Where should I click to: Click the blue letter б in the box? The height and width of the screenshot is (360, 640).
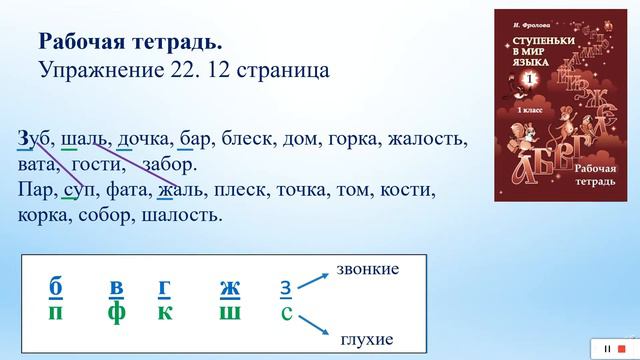point(56,288)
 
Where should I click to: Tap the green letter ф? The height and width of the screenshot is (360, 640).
point(117,314)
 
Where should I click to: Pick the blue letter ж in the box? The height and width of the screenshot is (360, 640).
point(230,288)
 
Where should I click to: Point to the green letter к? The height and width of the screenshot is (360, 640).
point(163,314)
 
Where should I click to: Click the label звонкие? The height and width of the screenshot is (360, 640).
point(368,270)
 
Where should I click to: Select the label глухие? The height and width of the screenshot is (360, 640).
point(364,340)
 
